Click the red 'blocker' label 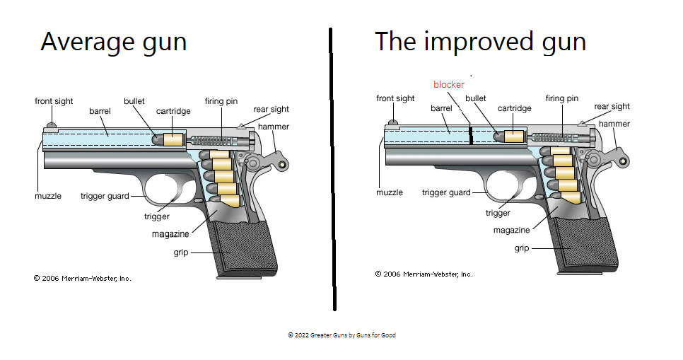(x=448, y=84)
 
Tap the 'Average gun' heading (x=113, y=42)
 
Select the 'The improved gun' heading (x=480, y=42)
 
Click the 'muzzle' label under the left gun (x=48, y=196)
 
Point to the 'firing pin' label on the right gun (x=562, y=98)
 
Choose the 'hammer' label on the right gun (x=614, y=124)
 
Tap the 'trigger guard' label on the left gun (x=105, y=196)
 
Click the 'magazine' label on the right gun (x=512, y=231)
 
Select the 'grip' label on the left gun (x=180, y=252)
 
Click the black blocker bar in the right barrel (x=470, y=135)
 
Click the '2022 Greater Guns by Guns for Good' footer (x=341, y=335)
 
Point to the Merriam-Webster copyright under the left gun (x=82, y=278)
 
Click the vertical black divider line (x=332, y=170)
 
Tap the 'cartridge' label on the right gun (x=514, y=108)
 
